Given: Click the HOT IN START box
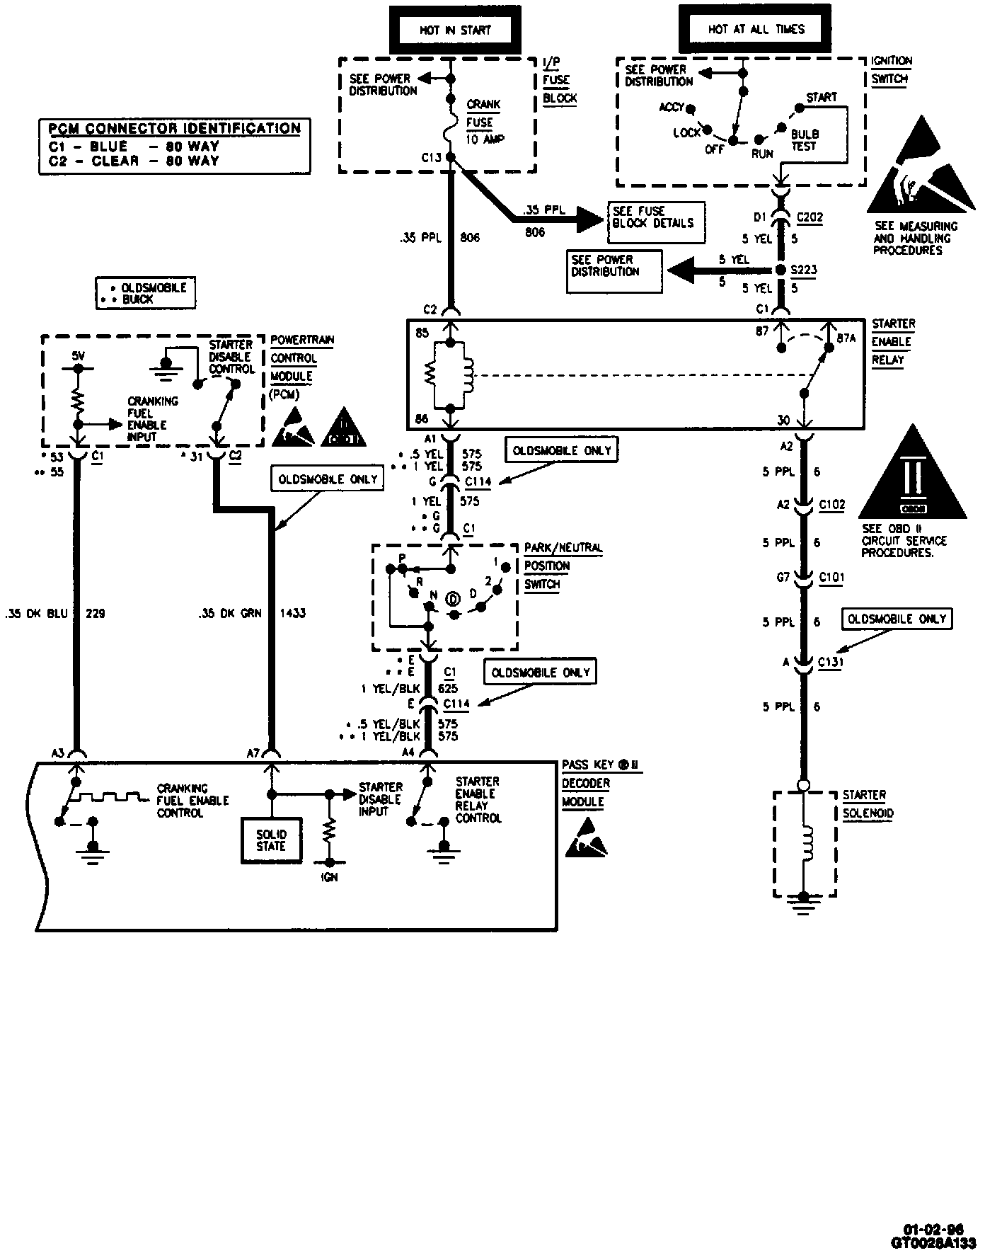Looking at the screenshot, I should [x=455, y=30].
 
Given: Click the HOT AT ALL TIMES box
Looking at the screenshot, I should [x=756, y=30].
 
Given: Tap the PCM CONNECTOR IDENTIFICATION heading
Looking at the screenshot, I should [x=174, y=129].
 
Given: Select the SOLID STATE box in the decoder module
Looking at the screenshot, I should [x=271, y=840].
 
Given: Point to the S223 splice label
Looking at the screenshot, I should [x=805, y=270].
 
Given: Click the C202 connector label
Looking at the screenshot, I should [x=810, y=217].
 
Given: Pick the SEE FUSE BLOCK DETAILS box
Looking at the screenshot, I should [x=652, y=217].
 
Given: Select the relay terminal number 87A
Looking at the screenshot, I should [x=846, y=338].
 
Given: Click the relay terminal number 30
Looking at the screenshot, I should [x=783, y=420].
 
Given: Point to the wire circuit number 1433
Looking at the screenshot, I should [x=293, y=613].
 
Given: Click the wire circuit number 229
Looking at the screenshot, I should [x=96, y=613].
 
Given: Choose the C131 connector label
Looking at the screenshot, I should [x=831, y=663].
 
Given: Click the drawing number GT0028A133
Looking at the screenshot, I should [x=936, y=1242].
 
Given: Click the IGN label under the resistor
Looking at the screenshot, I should [x=330, y=877].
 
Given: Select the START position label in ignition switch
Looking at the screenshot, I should [x=822, y=97].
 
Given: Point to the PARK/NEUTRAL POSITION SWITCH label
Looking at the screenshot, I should [x=563, y=566].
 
